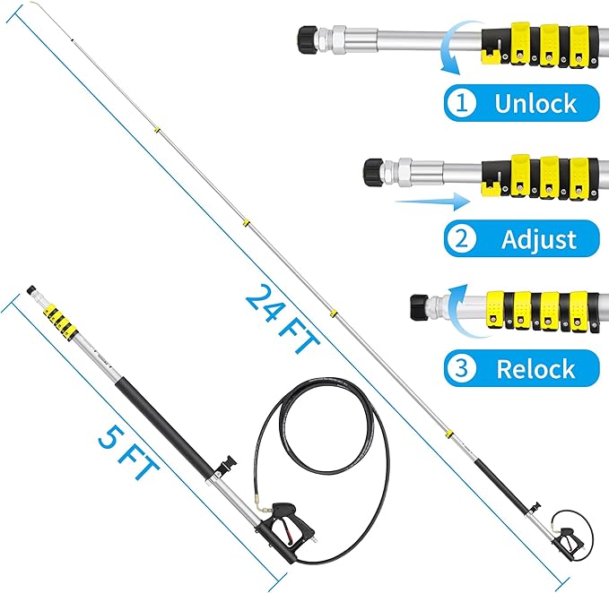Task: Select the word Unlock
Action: pos(535,103)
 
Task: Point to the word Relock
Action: pos(535,368)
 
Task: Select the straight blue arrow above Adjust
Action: pos(422,202)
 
